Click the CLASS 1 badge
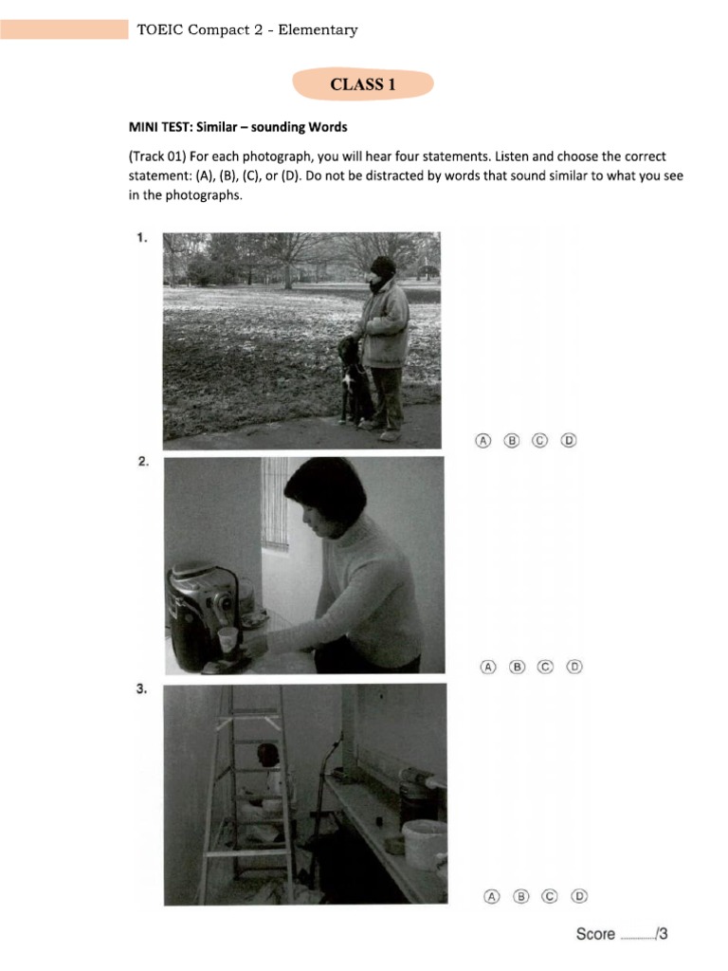[363, 84]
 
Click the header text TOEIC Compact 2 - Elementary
[246, 29]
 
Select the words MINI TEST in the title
[157, 127]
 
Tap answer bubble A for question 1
[482, 440]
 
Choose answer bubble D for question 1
[568, 440]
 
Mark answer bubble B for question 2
[518, 667]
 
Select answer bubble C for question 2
[545, 667]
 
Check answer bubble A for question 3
[491, 895]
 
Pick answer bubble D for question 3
[579, 895]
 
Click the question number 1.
[141, 239]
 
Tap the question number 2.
[142, 462]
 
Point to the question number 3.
[141, 689]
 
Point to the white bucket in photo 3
[424, 842]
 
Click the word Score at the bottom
[595, 935]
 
